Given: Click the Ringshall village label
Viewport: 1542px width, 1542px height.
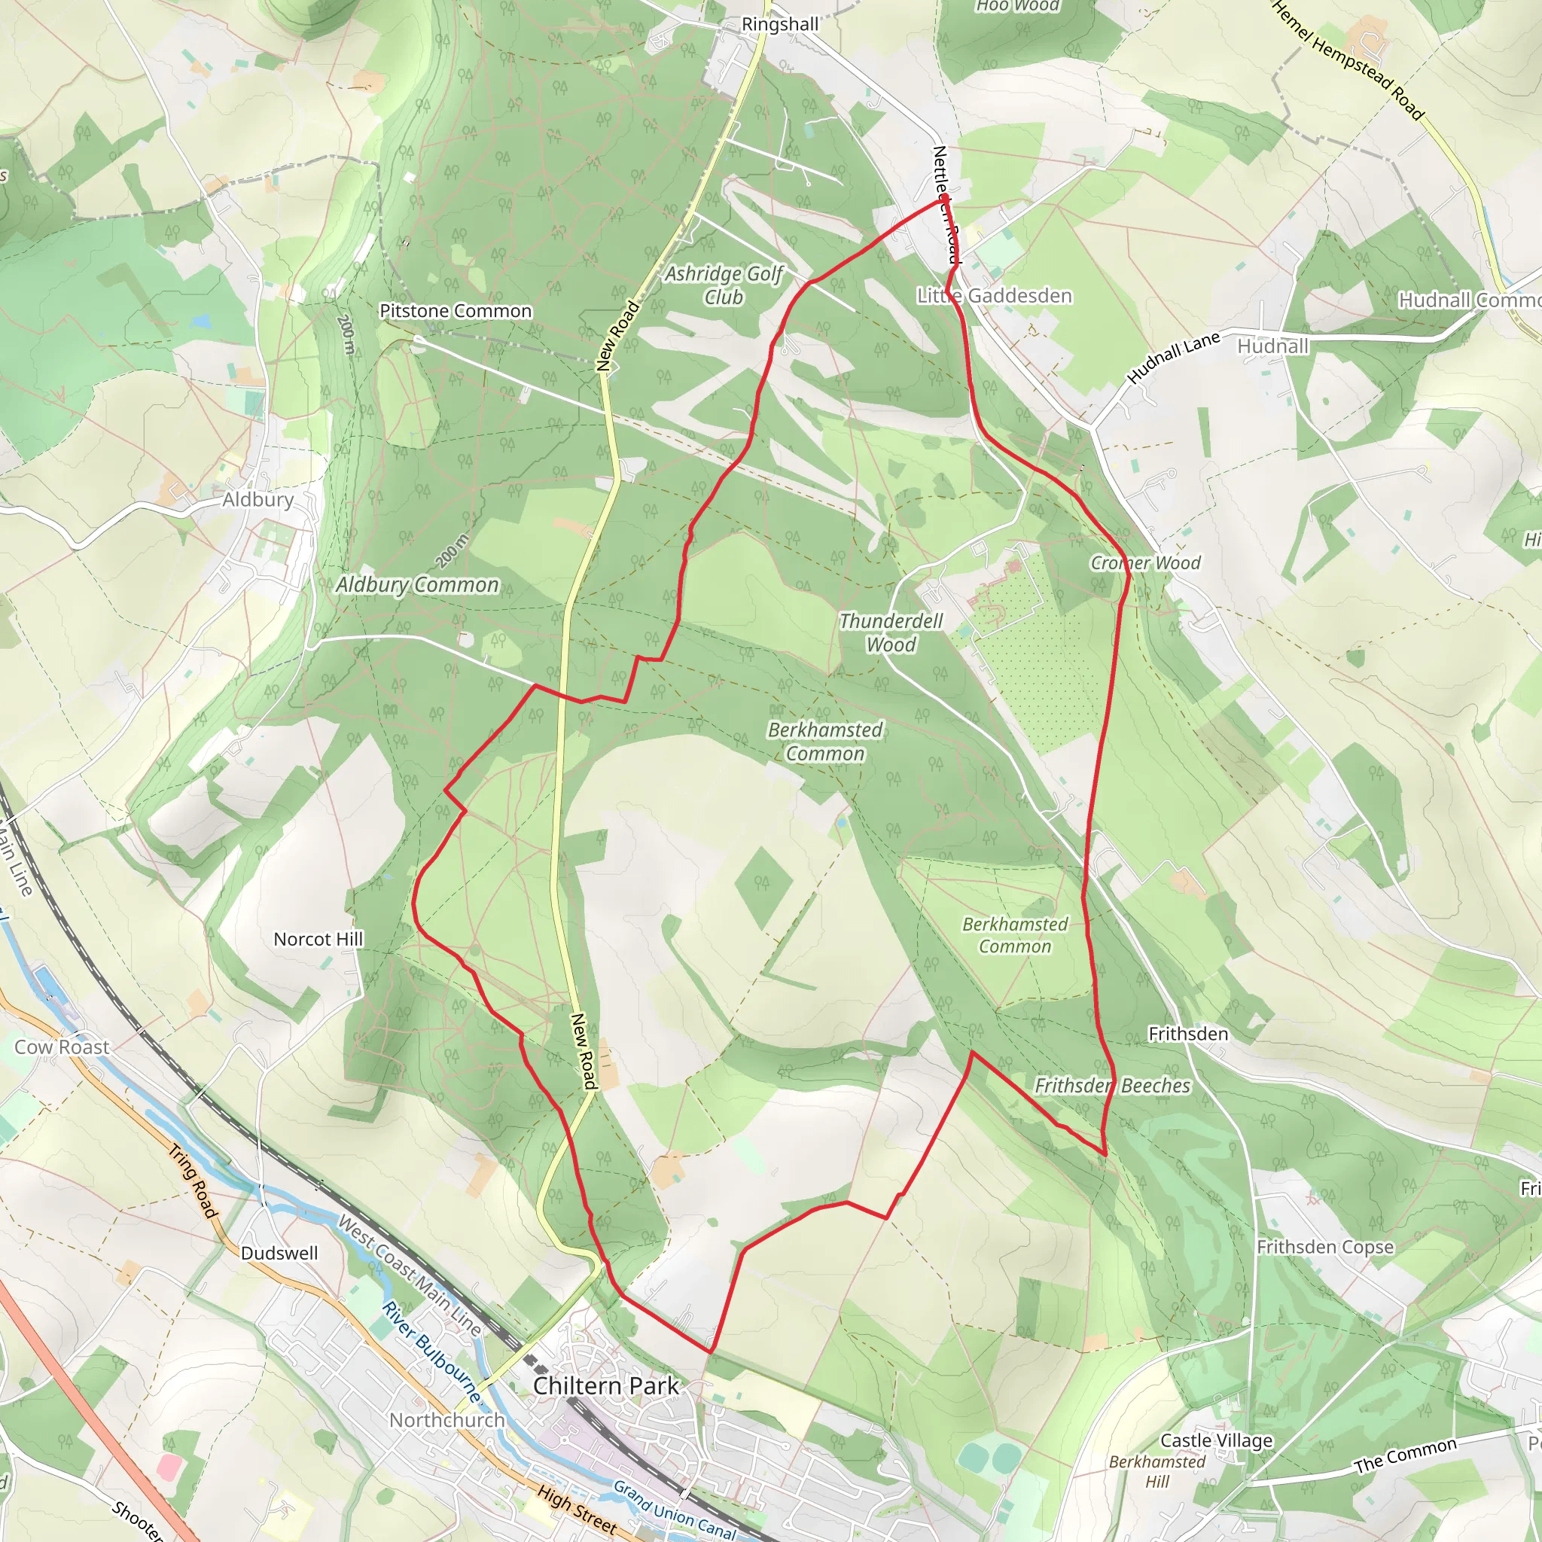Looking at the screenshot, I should pyautogui.click(x=780, y=25).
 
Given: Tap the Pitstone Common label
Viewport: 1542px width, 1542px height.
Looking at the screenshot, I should pyautogui.click(x=455, y=311).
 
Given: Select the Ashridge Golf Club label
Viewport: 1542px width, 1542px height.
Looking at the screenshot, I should pyautogui.click(x=724, y=285).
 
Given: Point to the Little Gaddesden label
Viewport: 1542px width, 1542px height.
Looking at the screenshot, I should pyautogui.click(x=995, y=296).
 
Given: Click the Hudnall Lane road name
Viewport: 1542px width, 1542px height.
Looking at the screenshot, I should pyautogui.click(x=1173, y=357).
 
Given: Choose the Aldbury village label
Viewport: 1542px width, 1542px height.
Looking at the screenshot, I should pyautogui.click(x=258, y=500).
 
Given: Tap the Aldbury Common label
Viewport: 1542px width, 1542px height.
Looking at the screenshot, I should pyautogui.click(x=416, y=585).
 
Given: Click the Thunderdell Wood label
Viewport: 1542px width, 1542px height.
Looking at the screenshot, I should pyautogui.click(x=891, y=633).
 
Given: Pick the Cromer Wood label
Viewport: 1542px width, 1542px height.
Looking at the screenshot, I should pyautogui.click(x=1145, y=563).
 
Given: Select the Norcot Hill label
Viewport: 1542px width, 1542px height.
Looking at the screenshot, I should pyautogui.click(x=318, y=940).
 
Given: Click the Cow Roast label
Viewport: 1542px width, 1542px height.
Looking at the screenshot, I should pyautogui.click(x=62, y=1047).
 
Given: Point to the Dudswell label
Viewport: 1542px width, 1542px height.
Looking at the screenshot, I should pyautogui.click(x=279, y=1253).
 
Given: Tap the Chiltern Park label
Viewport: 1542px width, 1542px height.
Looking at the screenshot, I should pyautogui.click(x=606, y=1386).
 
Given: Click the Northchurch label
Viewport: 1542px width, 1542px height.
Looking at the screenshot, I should pyautogui.click(x=447, y=1421).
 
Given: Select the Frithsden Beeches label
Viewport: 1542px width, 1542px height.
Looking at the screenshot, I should pyautogui.click(x=1113, y=1086).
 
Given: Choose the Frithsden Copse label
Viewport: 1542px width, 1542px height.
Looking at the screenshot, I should pyautogui.click(x=1325, y=1248).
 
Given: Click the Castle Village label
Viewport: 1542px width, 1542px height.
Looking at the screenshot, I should pyautogui.click(x=1217, y=1440).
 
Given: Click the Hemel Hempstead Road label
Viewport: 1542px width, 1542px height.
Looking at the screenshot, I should pyautogui.click(x=1348, y=61).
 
